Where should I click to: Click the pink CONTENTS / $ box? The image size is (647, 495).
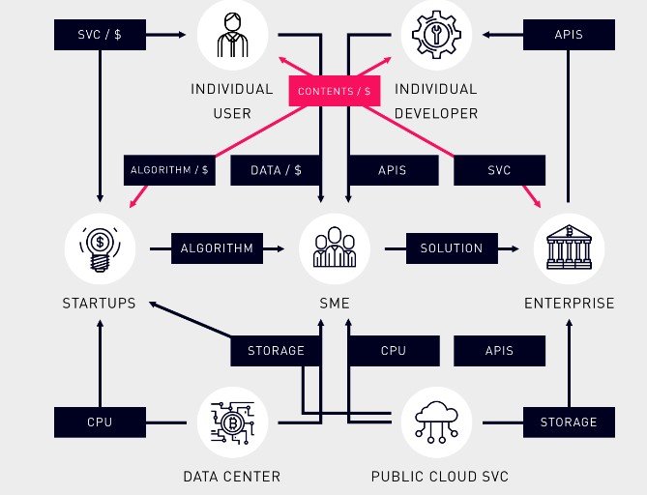[x=334, y=90]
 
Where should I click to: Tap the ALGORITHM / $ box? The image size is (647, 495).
[x=168, y=170]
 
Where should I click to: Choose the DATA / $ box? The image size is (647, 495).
[x=276, y=170]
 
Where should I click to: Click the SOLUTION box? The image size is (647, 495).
[x=451, y=248]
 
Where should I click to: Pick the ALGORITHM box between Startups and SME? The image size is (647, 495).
[x=217, y=248]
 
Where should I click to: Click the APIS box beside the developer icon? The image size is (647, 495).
[x=569, y=35]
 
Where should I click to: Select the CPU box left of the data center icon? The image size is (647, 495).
[x=100, y=422]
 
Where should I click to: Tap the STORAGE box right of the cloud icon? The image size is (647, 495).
[x=569, y=422]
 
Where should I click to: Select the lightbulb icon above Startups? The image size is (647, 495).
[x=100, y=248]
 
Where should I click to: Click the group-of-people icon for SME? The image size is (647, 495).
[x=334, y=248]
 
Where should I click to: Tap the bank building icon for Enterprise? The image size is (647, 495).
[x=569, y=248]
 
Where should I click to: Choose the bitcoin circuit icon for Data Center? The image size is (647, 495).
[x=232, y=422]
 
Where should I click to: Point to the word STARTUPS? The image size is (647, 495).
[x=100, y=304]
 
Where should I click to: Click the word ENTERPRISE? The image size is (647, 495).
[x=569, y=304]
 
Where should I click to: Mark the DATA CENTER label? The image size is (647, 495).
[x=232, y=476]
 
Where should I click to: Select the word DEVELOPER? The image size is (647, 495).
[x=435, y=113]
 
